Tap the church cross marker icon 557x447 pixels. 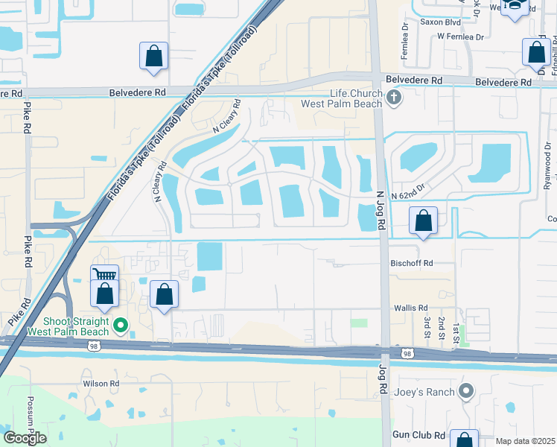(x=394, y=97)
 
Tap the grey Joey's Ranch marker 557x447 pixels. (x=466, y=390)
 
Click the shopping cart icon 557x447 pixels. (x=104, y=274)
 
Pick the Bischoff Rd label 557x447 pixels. (x=412, y=263)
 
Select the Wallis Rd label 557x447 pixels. (x=411, y=307)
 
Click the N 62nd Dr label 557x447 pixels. (x=406, y=190)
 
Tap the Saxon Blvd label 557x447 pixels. (x=438, y=22)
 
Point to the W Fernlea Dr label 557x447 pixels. (x=460, y=36)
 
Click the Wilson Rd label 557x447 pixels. (x=101, y=384)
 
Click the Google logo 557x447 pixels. (x=25, y=438)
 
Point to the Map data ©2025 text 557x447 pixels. (x=524, y=441)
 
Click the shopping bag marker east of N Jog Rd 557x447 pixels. (x=423, y=221)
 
